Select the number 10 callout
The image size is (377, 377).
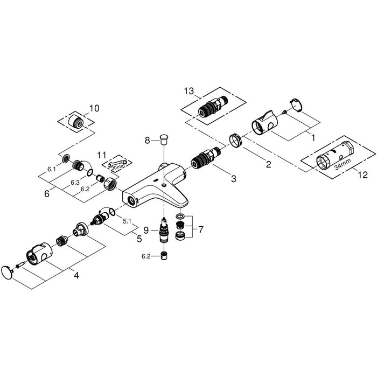94,108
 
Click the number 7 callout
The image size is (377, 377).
200,229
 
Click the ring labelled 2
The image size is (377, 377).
234,141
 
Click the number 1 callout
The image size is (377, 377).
309,137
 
